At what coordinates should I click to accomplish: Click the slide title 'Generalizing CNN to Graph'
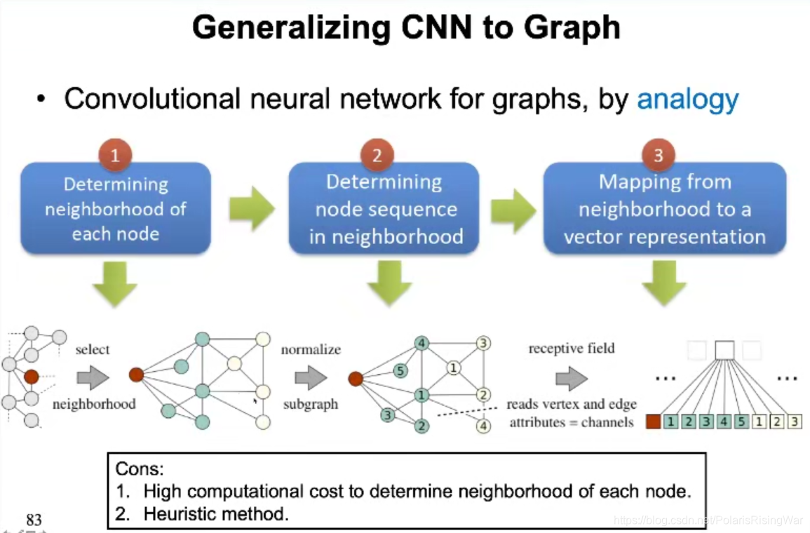click(x=406, y=28)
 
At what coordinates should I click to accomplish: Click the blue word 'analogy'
click(x=687, y=100)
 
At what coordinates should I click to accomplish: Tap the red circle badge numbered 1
click(x=115, y=156)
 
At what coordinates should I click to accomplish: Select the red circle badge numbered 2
click(x=377, y=156)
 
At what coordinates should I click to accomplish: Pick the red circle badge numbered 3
click(x=658, y=156)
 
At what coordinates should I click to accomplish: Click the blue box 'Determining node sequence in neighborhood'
click(x=384, y=209)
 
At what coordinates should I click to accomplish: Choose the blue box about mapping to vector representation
click(x=664, y=209)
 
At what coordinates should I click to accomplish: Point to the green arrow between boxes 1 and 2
click(x=251, y=208)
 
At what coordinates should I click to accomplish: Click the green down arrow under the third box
click(x=663, y=283)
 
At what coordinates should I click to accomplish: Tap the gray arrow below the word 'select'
click(x=93, y=378)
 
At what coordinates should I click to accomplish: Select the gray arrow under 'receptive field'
click(x=572, y=379)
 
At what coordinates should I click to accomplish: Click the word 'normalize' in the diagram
click(x=311, y=349)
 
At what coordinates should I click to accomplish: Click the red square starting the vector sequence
click(x=653, y=421)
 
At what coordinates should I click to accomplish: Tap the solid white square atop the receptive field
click(x=724, y=350)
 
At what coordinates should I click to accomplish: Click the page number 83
click(x=34, y=520)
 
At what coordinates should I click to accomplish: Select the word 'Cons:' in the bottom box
click(x=140, y=469)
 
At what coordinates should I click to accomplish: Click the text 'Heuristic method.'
click(x=216, y=514)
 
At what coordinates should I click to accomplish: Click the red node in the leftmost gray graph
click(x=31, y=377)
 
